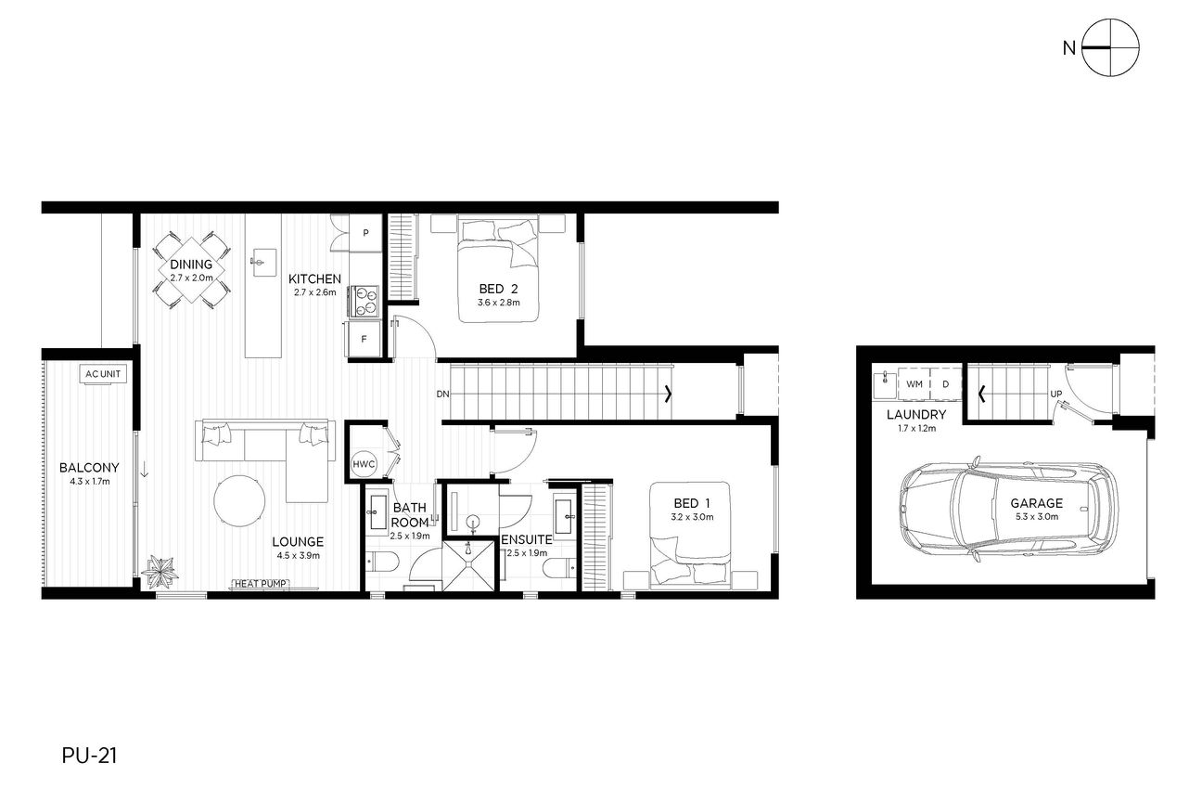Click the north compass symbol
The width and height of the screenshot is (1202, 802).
click(1109, 48)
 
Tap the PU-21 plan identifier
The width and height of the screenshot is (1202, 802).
click(89, 756)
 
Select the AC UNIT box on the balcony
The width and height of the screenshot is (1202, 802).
click(103, 374)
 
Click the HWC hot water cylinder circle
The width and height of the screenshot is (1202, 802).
click(364, 464)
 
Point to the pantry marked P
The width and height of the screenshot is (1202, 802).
click(365, 233)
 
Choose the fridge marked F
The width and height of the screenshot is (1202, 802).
click(364, 339)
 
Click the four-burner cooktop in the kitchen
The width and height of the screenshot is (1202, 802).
click(364, 300)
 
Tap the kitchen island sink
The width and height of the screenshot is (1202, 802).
click(263, 262)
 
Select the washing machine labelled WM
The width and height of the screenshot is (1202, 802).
click(914, 384)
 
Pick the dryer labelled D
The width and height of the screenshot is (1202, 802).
click(945, 384)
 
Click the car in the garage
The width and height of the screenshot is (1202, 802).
click(1009, 511)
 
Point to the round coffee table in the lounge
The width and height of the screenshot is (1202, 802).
click(239, 501)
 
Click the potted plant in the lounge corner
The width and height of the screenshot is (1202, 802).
click(160, 572)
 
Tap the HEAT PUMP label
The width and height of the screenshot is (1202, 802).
click(261, 584)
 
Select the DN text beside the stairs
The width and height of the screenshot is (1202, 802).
click(442, 394)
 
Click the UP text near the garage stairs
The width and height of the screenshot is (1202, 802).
click(1056, 394)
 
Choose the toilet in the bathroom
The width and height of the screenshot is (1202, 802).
click(382, 563)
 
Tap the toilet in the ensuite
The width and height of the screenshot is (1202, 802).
click(559, 567)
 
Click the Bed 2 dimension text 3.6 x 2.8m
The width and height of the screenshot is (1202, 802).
click(498, 303)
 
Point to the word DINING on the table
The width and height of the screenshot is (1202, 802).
click(191, 265)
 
